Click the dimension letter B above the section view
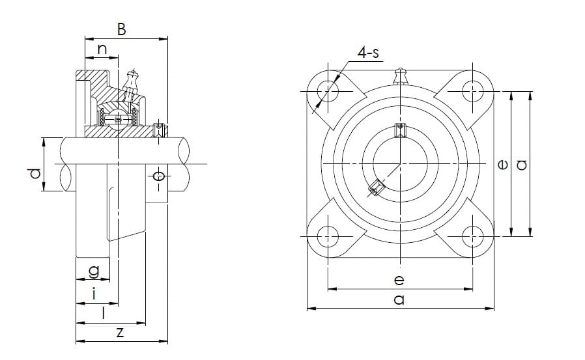[x=122, y=29]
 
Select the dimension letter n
[x=102, y=49]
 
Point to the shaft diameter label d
[x=35, y=173]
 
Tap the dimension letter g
[x=94, y=271]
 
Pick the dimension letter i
[x=94, y=294]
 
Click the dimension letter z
[x=120, y=332]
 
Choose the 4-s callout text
[x=368, y=53]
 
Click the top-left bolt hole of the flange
[x=328, y=90]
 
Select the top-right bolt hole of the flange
[x=472, y=90]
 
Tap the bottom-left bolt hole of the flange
[x=328, y=236]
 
